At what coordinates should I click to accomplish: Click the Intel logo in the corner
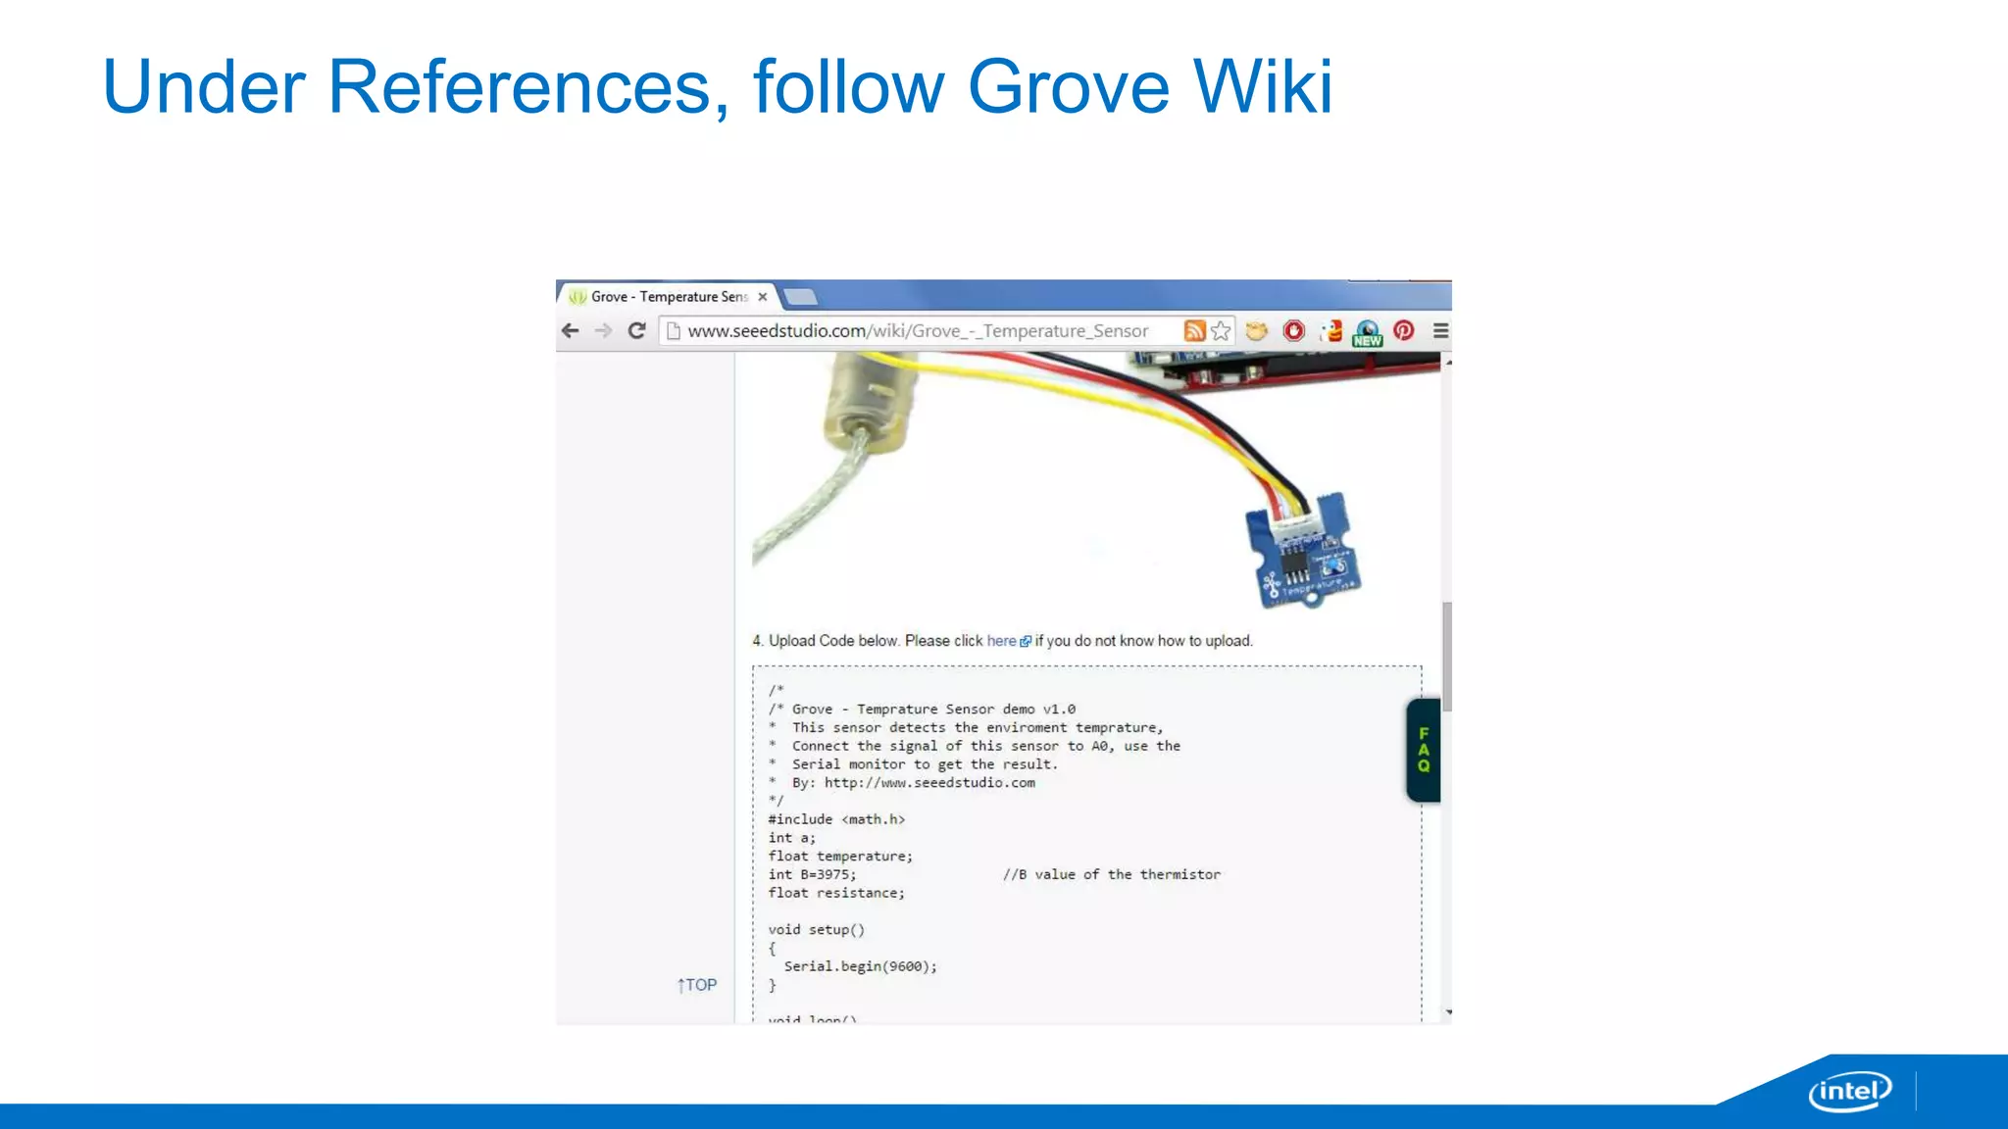click(1849, 1091)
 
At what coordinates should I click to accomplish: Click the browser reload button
click(636, 331)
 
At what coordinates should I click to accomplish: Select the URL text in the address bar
click(917, 331)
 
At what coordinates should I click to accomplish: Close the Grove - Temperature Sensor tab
click(763, 297)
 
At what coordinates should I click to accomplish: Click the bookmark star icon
click(1221, 331)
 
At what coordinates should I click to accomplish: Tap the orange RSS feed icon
click(1194, 331)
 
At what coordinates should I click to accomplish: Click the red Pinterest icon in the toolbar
click(1404, 331)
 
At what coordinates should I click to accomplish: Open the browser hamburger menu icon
click(1440, 331)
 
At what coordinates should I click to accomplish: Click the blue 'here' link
click(1001, 641)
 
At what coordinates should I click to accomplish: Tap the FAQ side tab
click(1424, 750)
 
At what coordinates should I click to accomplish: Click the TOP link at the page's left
click(697, 985)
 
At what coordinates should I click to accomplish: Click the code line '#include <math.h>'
click(836, 819)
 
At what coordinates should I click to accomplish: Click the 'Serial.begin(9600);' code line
click(860, 966)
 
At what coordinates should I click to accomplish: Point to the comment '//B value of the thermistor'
click(1111, 874)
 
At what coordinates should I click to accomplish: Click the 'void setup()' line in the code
click(816, 930)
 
